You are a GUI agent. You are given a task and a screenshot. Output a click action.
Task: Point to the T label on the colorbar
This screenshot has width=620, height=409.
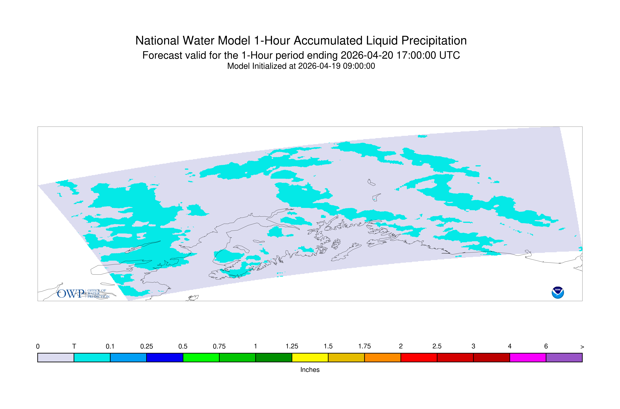coord(74,346)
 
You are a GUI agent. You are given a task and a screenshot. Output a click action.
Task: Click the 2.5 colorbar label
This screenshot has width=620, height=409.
coord(437,346)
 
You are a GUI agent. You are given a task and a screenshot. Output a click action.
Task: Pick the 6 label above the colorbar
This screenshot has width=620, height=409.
coord(546,346)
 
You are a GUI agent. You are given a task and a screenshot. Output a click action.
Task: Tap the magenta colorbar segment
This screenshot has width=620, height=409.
coord(528,358)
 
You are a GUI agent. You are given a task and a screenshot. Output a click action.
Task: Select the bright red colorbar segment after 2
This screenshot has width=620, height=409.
coord(419,358)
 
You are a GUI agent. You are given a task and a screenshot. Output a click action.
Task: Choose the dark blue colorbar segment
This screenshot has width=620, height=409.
coord(165,358)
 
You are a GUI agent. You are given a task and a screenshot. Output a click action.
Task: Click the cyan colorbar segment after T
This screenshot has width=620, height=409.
coord(92,358)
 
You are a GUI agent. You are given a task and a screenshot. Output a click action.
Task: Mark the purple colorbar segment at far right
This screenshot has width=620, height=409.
coord(564,358)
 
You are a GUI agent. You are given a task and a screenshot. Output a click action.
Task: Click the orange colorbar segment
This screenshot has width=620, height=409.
coord(383,358)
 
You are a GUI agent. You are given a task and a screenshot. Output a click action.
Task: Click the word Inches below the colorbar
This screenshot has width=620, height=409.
coord(310,370)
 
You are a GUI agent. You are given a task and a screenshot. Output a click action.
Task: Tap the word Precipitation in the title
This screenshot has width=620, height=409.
coord(434,41)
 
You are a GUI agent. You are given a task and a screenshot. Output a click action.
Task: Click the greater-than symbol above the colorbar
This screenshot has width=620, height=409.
coord(582,347)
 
